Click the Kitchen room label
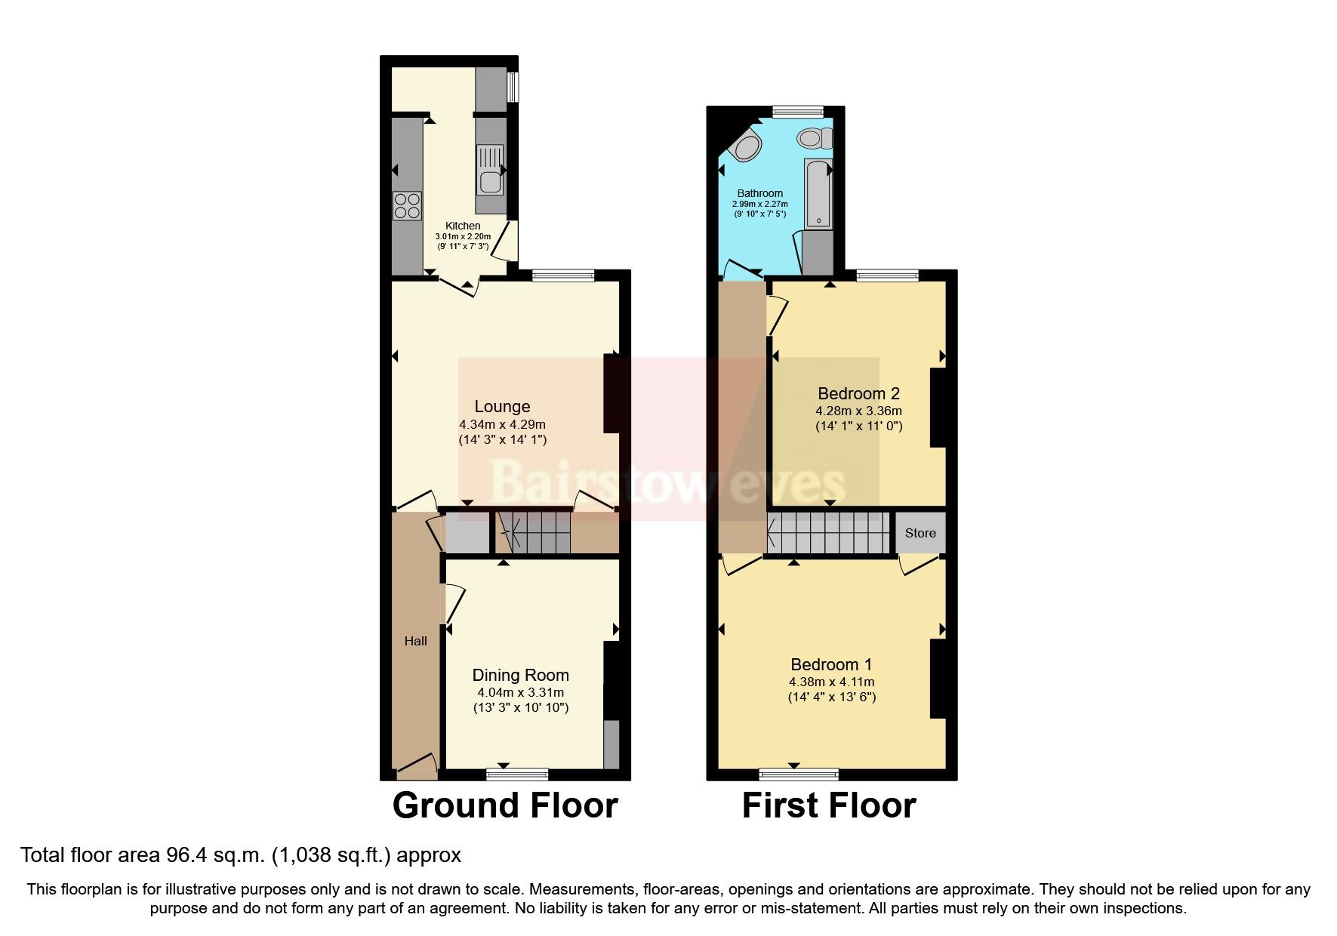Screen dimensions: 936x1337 (462, 226)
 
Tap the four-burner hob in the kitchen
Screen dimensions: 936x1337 (407, 206)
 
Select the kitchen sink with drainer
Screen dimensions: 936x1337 (489, 169)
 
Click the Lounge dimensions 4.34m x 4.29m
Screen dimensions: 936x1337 (502, 424)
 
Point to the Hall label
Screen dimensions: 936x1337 (415, 641)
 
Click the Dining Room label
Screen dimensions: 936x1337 (520, 676)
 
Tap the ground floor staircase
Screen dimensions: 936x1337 (532, 531)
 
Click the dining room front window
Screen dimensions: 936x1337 (517, 774)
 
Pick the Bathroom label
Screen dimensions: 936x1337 (759, 193)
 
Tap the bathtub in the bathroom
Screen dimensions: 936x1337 (818, 193)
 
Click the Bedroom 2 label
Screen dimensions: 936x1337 (858, 393)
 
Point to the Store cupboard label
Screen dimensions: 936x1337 (920, 533)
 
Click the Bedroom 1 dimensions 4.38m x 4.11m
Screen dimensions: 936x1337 (831, 682)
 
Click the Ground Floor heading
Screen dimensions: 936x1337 (505, 806)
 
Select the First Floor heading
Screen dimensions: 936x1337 (828, 806)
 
